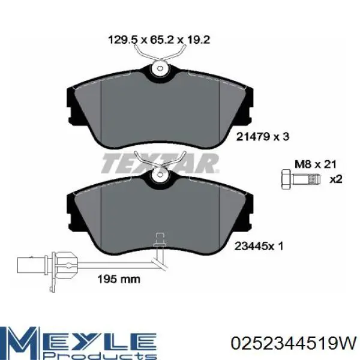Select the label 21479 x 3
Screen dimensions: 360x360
click(x=263, y=137)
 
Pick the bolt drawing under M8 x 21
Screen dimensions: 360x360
click(x=299, y=178)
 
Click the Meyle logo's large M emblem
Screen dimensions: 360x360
click(x=22, y=342)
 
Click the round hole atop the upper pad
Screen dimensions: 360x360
click(x=160, y=70)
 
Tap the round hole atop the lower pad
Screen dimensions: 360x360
click(x=160, y=176)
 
